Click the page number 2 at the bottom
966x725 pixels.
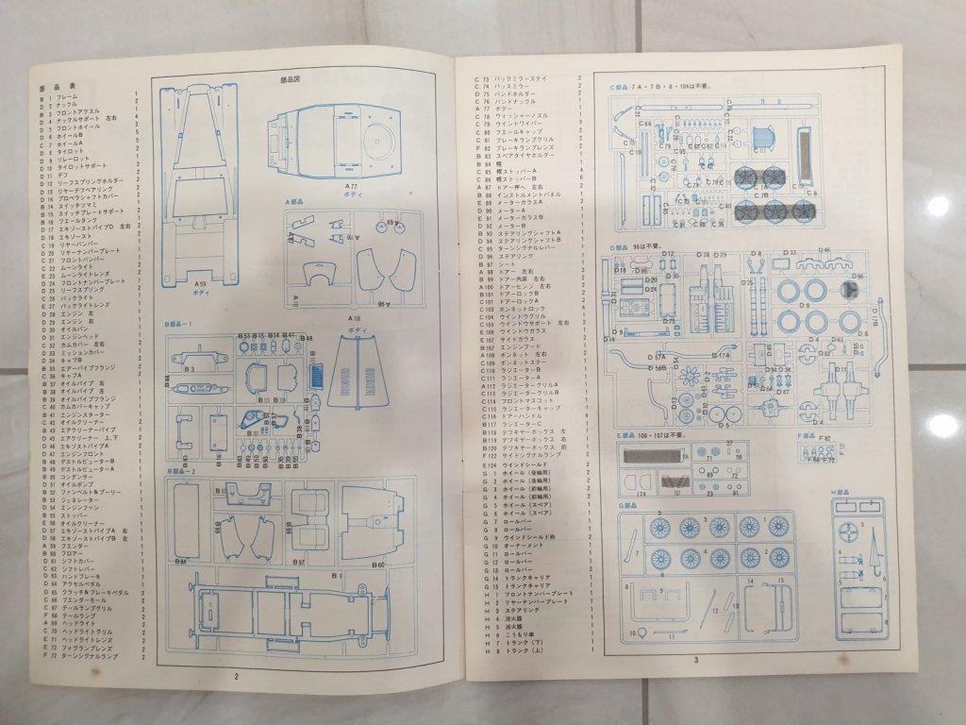click(x=237, y=676)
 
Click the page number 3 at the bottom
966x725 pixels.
click(x=694, y=659)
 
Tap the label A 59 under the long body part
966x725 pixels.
click(x=200, y=282)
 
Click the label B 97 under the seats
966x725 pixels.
click(x=298, y=563)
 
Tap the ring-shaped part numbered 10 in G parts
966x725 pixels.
click(x=631, y=632)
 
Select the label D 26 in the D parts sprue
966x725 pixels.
click(x=704, y=255)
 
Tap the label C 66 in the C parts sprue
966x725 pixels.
click(x=645, y=123)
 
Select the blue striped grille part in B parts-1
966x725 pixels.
click(x=316, y=372)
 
